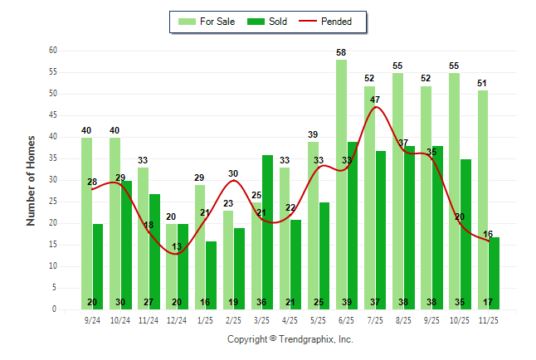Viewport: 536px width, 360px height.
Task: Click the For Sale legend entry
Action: pyautogui.click(x=209, y=22)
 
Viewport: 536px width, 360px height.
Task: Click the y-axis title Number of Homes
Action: pyautogui.click(x=32, y=180)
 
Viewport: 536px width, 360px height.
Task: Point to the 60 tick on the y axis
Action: pyautogui.click(x=52, y=51)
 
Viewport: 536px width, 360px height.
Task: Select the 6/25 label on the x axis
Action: pyautogui.click(x=347, y=319)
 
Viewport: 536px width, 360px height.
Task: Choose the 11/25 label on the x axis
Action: pyautogui.click(x=488, y=319)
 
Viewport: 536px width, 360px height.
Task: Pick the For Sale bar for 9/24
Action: pyautogui.click(x=86, y=223)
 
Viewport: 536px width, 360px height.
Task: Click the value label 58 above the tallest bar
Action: pyautogui.click(x=341, y=52)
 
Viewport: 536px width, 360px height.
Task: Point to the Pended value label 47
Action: pyautogui.click(x=375, y=100)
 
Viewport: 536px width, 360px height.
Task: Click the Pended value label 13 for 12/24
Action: pyautogui.click(x=177, y=246)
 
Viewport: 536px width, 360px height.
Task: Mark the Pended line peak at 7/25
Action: pyautogui.click(x=376, y=107)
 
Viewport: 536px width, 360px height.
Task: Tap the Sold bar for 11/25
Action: pyautogui.click(x=494, y=273)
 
